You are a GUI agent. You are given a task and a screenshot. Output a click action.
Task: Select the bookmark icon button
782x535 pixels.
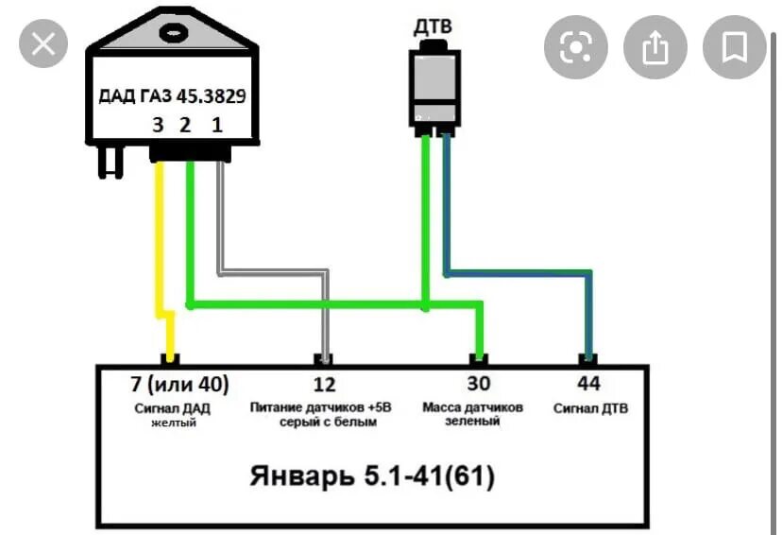coord(734,47)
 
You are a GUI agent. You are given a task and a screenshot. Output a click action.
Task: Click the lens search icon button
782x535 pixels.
coord(575,47)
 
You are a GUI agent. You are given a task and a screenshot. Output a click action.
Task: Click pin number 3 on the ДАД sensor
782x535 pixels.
coord(160,126)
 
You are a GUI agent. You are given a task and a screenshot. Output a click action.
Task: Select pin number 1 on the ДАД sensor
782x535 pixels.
coord(217,126)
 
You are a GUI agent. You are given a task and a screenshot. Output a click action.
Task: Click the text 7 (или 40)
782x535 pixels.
coord(179,385)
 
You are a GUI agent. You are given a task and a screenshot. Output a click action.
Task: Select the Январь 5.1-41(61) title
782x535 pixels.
coord(373,475)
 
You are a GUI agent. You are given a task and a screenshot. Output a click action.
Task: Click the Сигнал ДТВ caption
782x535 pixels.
coord(591,408)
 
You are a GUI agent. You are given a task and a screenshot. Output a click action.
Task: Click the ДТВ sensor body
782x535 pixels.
coord(433,85)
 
